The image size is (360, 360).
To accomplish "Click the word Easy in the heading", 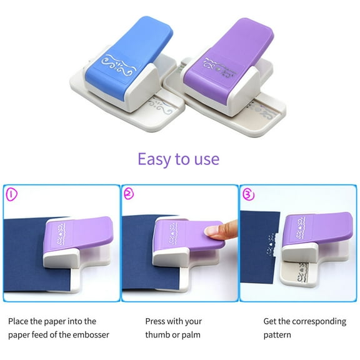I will [x=154, y=159].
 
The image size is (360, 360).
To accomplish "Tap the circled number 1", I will [x=12, y=194].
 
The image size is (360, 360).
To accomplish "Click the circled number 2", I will [x=129, y=194].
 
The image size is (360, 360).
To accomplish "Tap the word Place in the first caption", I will [x=19, y=321].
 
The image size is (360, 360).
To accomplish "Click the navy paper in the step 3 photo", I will [x=256, y=250].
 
